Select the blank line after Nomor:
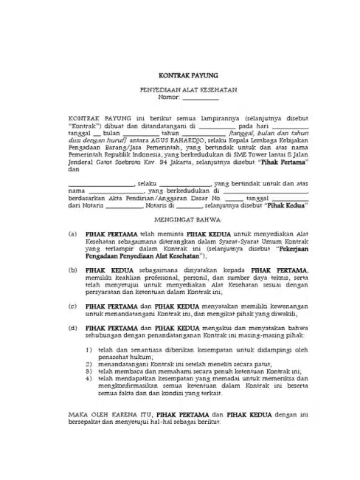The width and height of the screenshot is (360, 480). coord(201,96)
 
